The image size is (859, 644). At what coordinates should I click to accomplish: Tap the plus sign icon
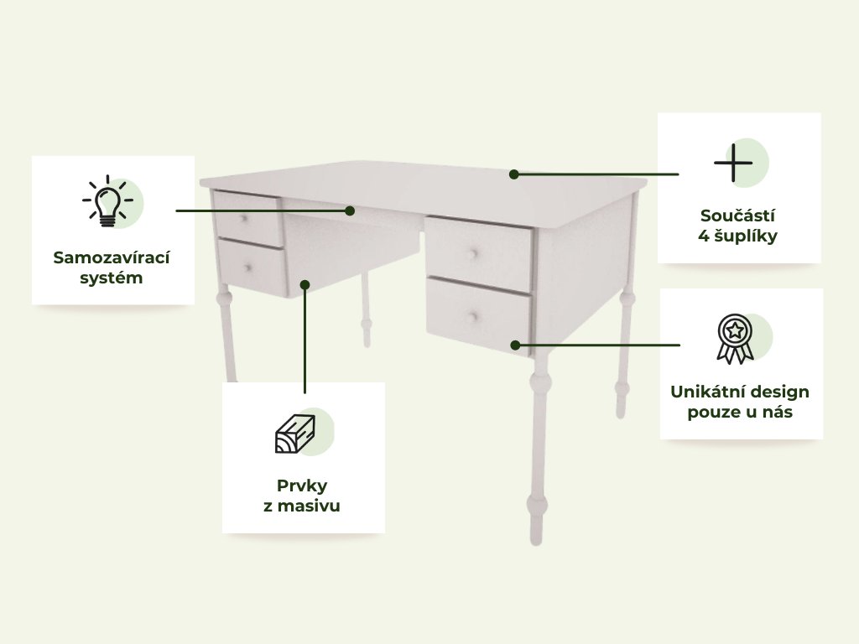(x=733, y=163)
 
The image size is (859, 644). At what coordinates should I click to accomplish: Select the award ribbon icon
(x=735, y=339)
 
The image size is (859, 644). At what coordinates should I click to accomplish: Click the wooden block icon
(x=294, y=434)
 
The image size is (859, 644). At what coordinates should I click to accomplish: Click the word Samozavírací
(x=112, y=257)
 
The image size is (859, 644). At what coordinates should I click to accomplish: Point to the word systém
(x=112, y=278)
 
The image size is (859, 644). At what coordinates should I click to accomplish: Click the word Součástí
(x=737, y=216)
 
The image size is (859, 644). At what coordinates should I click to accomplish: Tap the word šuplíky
(x=746, y=236)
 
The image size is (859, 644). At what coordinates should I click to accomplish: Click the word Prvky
(x=302, y=486)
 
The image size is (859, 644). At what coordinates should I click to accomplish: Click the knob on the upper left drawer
(x=244, y=219)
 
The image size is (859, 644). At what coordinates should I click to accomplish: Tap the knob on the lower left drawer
(x=248, y=267)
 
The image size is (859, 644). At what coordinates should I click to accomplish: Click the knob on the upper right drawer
(x=474, y=253)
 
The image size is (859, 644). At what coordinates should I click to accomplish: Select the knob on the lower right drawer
(x=473, y=316)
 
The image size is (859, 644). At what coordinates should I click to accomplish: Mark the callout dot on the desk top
(x=513, y=174)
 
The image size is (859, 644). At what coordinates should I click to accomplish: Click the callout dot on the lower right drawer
(x=515, y=345)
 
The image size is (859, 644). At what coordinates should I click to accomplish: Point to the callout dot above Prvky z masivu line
(x=305, y=285)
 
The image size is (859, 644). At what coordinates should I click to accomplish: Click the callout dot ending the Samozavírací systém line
(x=350, y=210)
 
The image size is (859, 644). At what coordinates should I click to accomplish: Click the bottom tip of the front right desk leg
(x=536, y=543)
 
